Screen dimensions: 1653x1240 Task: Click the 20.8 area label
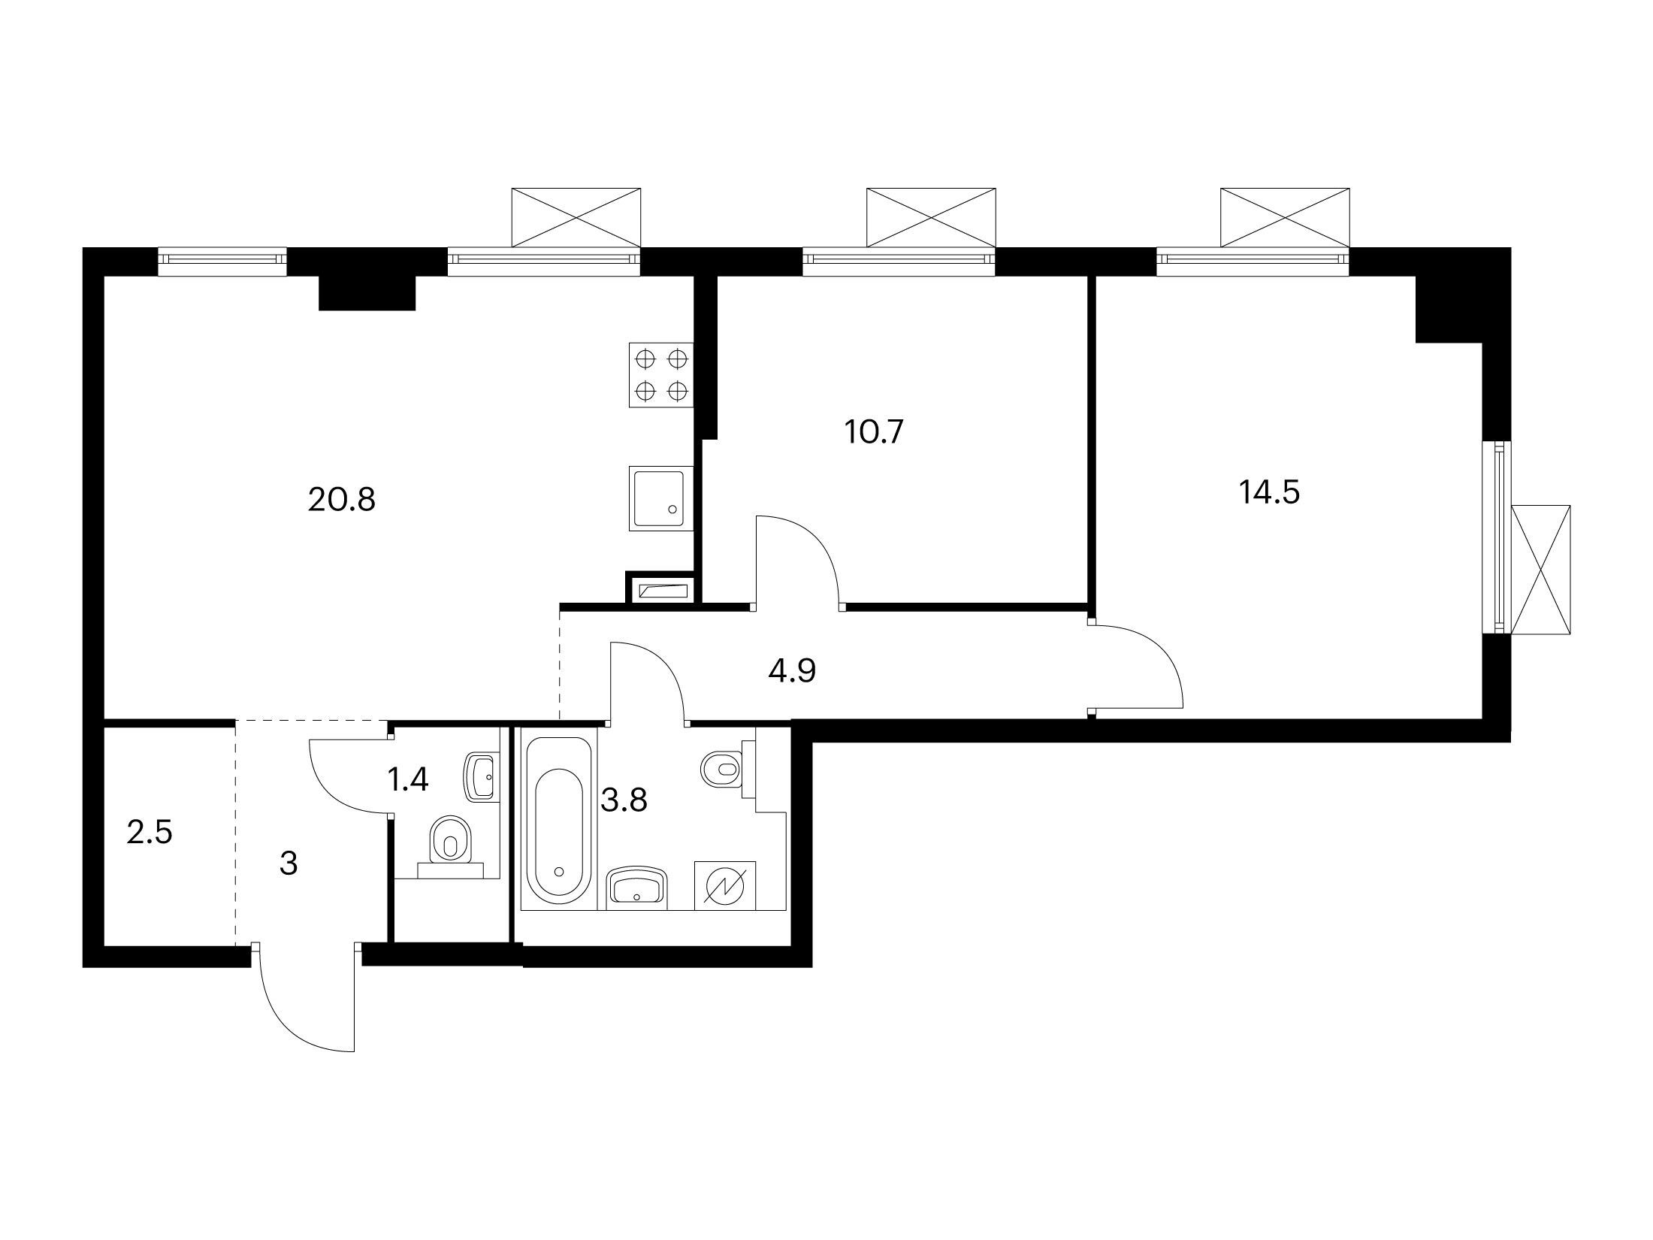341,499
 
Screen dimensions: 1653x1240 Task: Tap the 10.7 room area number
873,432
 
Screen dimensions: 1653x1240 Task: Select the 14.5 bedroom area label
1269,493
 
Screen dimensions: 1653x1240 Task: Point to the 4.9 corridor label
792,670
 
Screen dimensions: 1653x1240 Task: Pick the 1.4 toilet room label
407,780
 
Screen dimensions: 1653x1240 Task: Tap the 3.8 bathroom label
624,801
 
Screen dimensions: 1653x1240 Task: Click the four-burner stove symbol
661,375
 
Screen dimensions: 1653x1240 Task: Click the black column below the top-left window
367,293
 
